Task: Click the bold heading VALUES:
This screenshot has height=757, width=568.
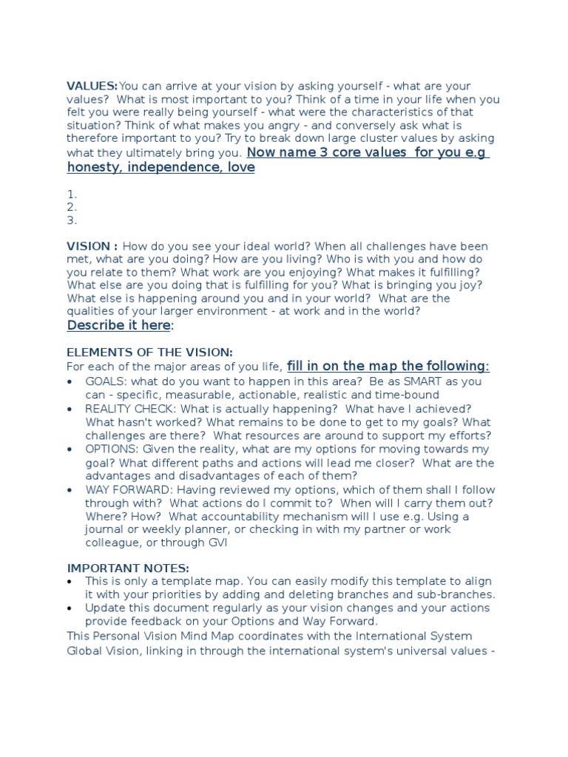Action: pos(92,86)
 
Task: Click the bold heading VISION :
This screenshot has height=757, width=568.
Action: pos(92,246)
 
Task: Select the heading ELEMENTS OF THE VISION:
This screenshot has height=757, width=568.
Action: pos(149,353)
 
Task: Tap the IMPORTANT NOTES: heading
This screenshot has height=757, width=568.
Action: pos(128,568)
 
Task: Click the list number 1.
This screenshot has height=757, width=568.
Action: pos(72,194)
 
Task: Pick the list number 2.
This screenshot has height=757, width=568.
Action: pos(72,207)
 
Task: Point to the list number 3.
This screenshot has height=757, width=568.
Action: pos(72,220)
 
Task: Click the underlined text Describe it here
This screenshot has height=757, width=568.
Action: pos(119,326)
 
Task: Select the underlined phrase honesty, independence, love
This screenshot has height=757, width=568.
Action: pos(160,168)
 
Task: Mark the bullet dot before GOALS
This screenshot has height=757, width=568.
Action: pos(70,381)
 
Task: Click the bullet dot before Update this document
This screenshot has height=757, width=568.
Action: pos(70,608)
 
